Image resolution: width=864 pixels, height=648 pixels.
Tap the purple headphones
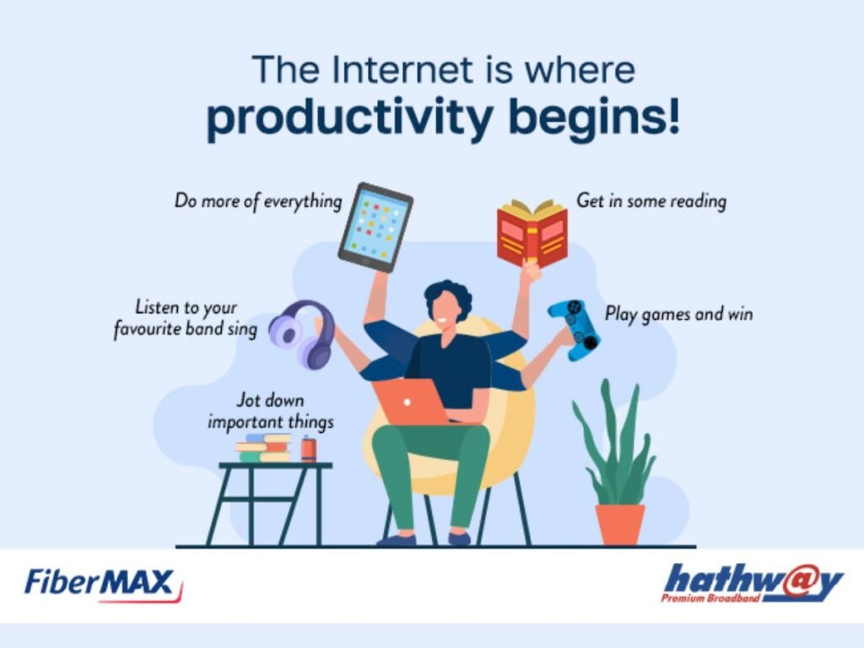click(302, 334)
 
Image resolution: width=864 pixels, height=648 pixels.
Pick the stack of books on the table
click(263, 448)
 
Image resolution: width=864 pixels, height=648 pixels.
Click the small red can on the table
click(308, 449)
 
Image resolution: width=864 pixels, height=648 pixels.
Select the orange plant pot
click(620, 524)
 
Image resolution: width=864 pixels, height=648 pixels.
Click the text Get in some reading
click(651, 202)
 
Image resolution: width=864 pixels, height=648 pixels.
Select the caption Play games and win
click(678, 314)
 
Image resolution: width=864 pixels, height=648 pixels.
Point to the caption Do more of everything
click(258, 201)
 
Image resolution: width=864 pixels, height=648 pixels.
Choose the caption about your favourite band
click(186, 318)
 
